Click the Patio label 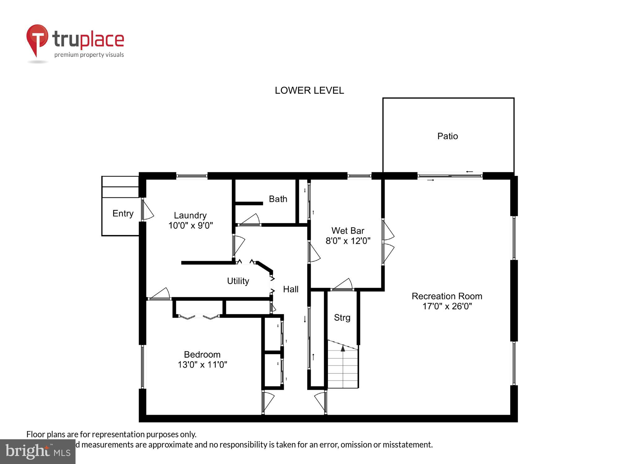click(448, 136)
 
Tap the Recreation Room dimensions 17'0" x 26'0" click(447, 306)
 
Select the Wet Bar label click(348, 230)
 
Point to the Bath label click(278, 199)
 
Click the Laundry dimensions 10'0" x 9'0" click(190, 226)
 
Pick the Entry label click(123, 213)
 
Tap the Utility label click(238, 281)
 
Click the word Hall click(291, 289)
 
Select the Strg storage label click(342, 318)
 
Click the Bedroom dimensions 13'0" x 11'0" click(202, 365)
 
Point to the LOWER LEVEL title click(309, 90)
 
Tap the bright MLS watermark click(37, 451)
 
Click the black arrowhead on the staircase click(343, 348)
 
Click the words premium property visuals click(89, 55)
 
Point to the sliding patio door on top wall click(450, 176)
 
